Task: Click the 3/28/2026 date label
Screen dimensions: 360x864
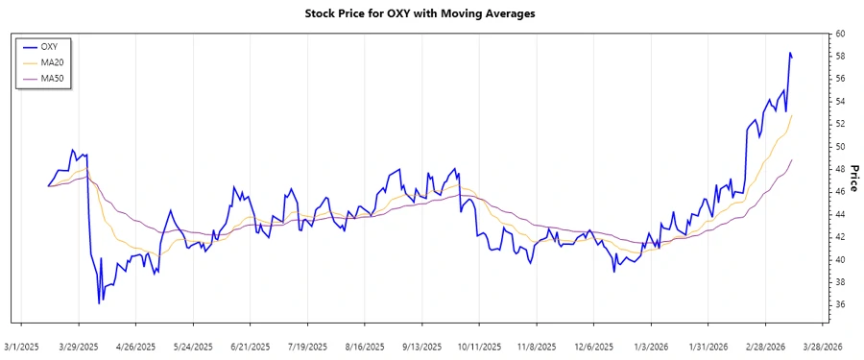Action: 822,346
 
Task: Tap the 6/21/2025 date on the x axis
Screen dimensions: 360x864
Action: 251,346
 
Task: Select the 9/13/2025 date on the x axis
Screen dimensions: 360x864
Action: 421,346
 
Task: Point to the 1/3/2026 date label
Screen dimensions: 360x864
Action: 651,346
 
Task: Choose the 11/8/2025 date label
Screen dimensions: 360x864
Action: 536,346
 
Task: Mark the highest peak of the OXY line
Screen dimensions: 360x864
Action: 789,53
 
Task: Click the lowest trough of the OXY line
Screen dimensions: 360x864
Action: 99,303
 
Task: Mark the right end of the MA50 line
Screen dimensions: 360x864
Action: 792,159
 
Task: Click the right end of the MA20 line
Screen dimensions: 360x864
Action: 792,115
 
